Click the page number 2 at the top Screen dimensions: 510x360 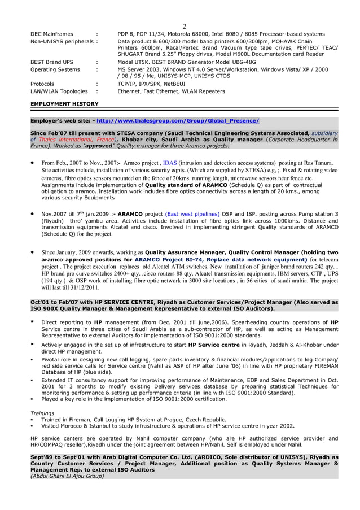(184, 26)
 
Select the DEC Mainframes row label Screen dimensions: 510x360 (51, 34)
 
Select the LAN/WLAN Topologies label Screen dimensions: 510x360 (59, 91)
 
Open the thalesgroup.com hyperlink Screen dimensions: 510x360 (178, 121)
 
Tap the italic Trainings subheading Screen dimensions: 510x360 (42, 413)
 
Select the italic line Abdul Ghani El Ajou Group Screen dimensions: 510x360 (67, 476)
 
